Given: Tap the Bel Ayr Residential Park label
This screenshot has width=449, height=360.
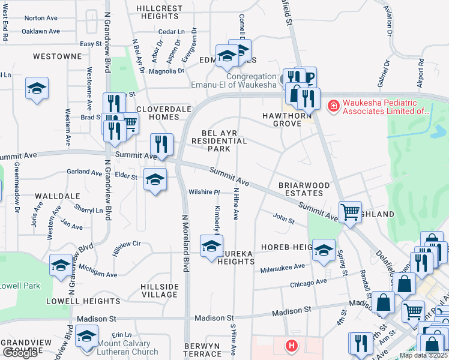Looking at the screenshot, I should click(x=219, y=140).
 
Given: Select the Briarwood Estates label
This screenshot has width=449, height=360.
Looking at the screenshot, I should click(x=304, y=190).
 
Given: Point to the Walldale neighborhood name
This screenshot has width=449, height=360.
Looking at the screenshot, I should click(x=58, y=196).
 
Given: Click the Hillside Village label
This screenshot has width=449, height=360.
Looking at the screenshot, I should click(x=159, y=290).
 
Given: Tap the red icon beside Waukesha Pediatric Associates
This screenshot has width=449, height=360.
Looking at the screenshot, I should click(x=332, y=106).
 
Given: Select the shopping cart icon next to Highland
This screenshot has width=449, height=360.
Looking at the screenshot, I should click(x=350, y=212).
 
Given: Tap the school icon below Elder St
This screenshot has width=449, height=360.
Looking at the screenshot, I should click(x=155, y=179).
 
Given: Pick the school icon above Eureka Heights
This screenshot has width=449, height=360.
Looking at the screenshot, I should click(x=211, y=247).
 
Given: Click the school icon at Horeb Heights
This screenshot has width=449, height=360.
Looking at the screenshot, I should click(x=324, y=250).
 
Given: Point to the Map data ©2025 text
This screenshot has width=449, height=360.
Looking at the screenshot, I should click(x=424, y=355).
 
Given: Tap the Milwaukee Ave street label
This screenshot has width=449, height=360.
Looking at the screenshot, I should click(x=283, y=268).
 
